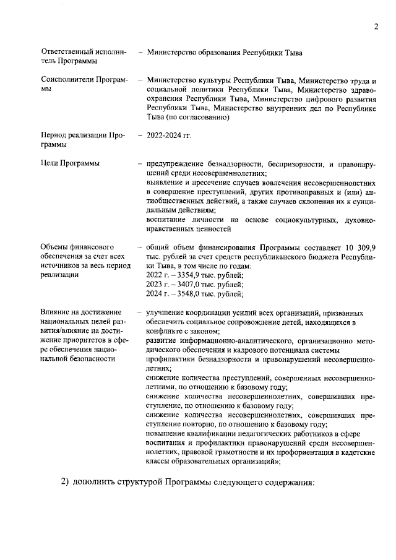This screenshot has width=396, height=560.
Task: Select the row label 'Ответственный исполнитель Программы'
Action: coord(84,58)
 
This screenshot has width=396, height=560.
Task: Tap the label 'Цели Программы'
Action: coord(70,163)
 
